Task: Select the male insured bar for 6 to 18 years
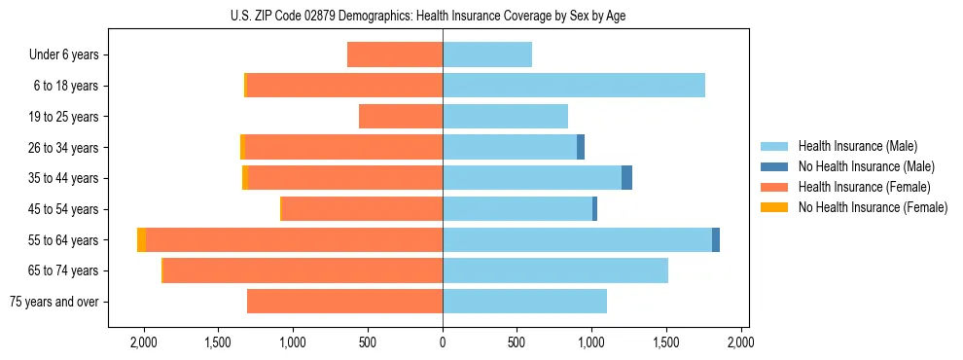pos(574,86)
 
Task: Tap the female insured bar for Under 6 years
pos(395,54)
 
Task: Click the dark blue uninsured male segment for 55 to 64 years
pos(716,240)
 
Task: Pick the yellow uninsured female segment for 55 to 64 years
pos(142,240)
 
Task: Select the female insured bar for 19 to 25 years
pos(401,117)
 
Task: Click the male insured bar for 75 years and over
pos(525,302)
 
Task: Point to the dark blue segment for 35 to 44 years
pos(627,178)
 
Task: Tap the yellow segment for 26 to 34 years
pos(242,147)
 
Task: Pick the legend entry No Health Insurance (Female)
pos(873,206)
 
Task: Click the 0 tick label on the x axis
pos(443,342)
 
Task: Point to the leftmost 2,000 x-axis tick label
pos(144,342)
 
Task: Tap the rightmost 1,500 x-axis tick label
pos(666,342)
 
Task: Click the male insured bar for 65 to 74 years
pos(555,270)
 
